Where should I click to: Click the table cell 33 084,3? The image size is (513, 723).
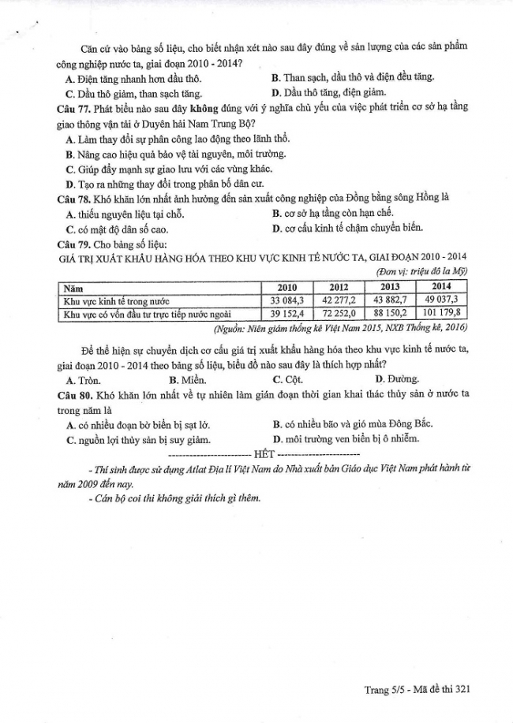point(286,301)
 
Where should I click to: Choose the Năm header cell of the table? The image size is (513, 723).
point(75,287)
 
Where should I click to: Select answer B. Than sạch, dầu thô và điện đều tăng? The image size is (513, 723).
point(353,77)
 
